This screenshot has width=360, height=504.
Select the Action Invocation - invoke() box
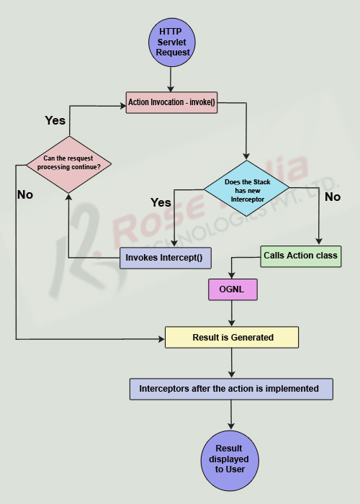pyautogui.click(x=171, y=103)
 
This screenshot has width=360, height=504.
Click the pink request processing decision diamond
pyautogui.click(x=68, y=163)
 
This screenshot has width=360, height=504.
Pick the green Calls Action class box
pyautogui.click(x=300, y=256)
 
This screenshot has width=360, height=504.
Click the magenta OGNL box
pyautogui.click(x=231, y=289)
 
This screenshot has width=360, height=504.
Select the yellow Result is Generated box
pyautogui.click(x=230, y=337)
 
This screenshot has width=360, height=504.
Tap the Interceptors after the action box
pyautogui.click(x=230, y=388)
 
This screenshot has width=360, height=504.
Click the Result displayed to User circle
pyautogui.click(x=231, y=459)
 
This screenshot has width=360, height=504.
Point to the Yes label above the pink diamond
pyautogui.click(x=55, y=120)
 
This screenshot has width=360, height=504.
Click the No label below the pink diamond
pyautogui.click(x=25, y=194)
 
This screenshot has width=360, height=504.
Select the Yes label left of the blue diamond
pyautogui.click(x=161, y=202)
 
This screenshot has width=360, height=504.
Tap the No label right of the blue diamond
pyautogui.click(x=333, y=196)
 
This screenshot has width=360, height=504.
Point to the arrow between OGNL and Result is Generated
pyautogui.click(x=231, y=313)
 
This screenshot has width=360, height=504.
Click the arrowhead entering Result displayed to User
pyautogui.click(x=231, y=427)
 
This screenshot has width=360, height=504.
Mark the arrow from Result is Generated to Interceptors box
pyautogui.click(x=231, y=363)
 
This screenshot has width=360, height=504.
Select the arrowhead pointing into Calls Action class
pyautogui.click(x=318, y=241)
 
